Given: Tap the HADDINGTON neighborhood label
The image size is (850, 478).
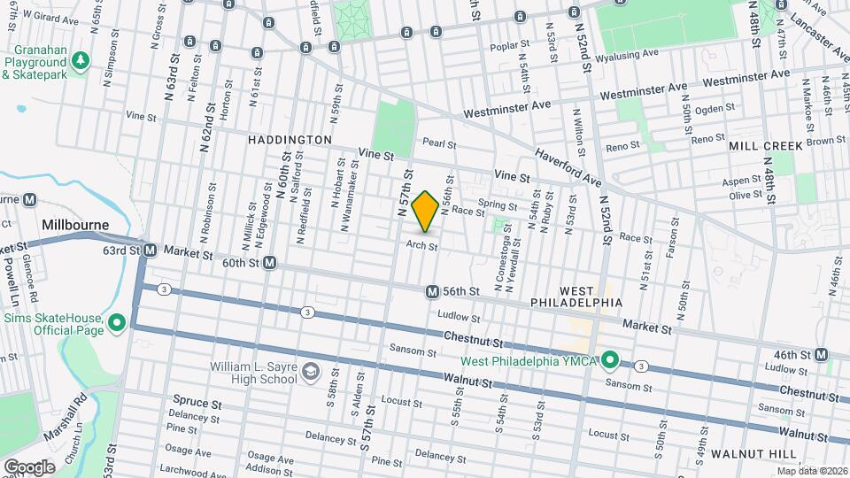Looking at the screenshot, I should pyautogui.click(x=290, y=140).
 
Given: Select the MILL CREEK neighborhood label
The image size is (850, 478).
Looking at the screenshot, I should pyautogui.click(x=766, y=146).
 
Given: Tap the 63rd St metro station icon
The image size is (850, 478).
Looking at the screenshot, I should pyautogui.click(x=151, y=251).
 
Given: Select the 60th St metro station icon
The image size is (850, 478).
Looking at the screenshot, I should pyautogui.click(x=269, y=263).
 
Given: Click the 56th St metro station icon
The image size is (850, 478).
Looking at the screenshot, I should pyautogui.click(x=432, y=291).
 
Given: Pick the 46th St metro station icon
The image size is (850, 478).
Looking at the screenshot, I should pyautogui.click(x=823, y=355).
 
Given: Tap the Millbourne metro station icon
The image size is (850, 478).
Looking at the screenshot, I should pyautogui.click(x=30, y=200).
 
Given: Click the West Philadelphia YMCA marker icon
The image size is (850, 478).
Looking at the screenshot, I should pyautogui.click(x=609, y=360).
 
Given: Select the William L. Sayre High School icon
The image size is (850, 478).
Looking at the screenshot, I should pyautogui.click(x=311, y=370).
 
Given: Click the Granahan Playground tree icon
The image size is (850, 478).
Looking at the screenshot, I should pyautogui.click(x=81, y=60).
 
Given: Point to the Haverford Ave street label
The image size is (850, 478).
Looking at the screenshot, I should pyautogui.click(x=567, y=167).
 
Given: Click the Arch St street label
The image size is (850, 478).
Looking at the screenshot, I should pyautogui.click(x=422, y=246).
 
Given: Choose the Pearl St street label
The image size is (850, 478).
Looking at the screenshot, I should pyautogui.click(x=439, y=143).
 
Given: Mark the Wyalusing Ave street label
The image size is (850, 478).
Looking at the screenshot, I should pyautogui.click(x=627, y=54).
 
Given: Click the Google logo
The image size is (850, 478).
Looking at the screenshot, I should pyautogui.click(x=29, y=466).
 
